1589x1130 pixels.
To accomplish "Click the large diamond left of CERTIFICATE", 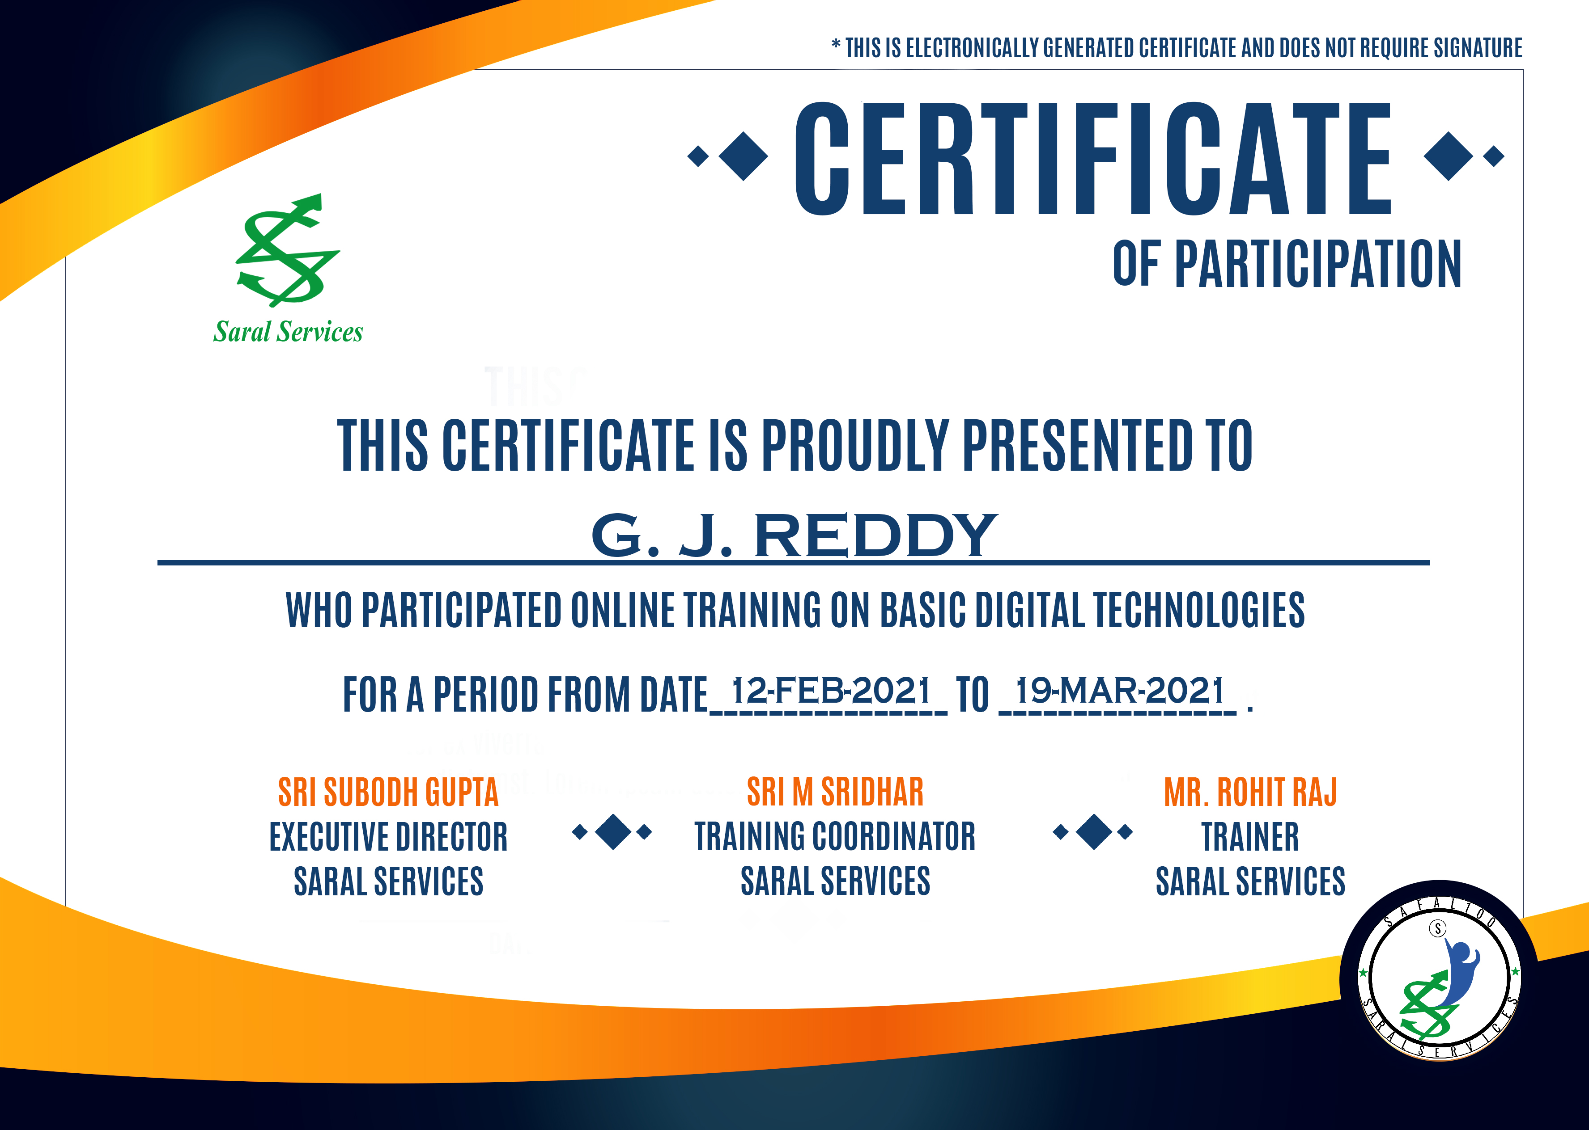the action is [743, 156].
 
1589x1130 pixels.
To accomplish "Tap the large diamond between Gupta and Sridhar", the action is [613, 831].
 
